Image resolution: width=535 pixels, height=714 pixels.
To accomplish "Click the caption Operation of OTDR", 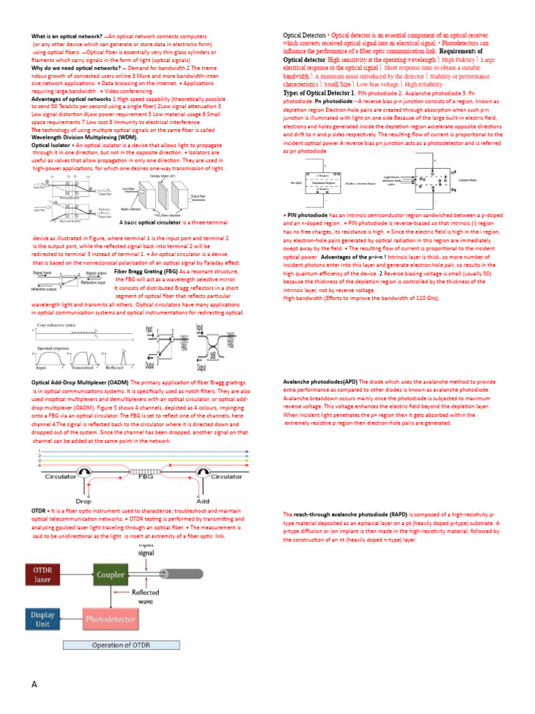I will (121, 646).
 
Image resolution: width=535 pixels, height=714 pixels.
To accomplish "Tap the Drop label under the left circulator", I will (83, 501).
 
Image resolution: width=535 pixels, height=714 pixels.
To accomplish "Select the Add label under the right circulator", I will (203, 501).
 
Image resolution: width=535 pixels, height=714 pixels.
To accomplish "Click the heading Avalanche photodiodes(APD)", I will (321, 382).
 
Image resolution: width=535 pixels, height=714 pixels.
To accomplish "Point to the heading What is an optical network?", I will (66, 36).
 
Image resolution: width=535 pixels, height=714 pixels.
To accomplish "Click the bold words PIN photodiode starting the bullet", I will (307, 215).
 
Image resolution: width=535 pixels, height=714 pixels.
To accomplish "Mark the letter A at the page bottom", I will (34, 684).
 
